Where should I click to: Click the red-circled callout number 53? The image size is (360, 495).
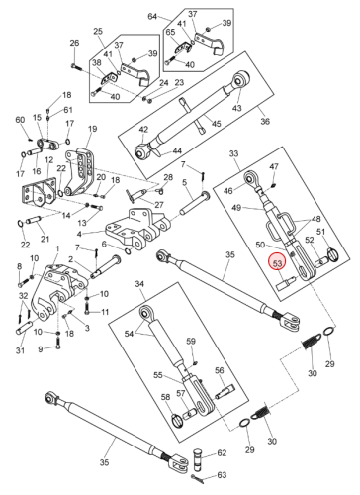[278, 263]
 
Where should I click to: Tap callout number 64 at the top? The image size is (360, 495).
[152, 16]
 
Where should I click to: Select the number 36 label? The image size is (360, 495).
[265, 121]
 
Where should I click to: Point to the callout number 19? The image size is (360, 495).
[93, 128]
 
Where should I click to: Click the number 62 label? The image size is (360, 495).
[222, 453]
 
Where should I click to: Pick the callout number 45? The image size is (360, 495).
[216, 124]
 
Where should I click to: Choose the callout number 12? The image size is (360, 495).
[48, 160]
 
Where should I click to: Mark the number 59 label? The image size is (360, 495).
[191, 341]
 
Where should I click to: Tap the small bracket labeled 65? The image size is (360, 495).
[181, 49]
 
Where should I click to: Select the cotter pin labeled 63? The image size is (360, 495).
[198, 479]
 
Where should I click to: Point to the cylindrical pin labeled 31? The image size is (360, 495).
[24, 327]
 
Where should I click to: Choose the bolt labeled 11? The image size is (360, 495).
[88, 311]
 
